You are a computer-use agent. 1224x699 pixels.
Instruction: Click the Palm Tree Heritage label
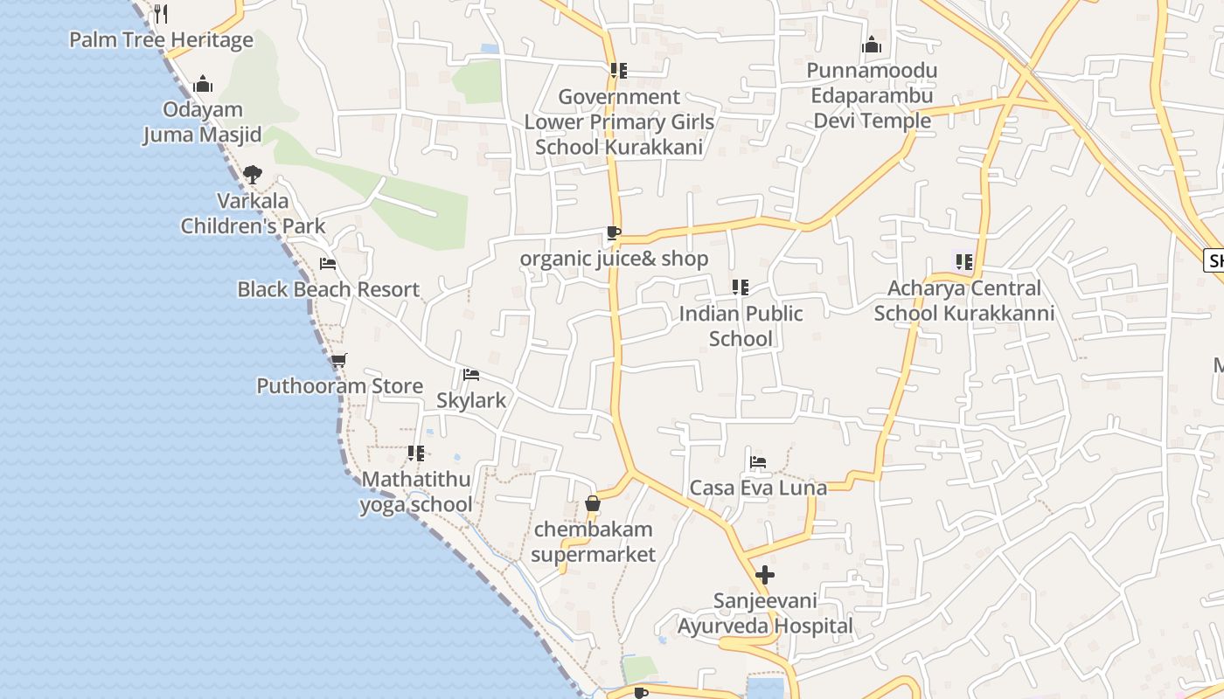(161, 40)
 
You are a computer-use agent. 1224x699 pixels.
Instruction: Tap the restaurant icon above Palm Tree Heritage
(160, 13)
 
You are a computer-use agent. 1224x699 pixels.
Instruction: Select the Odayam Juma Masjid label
(202, 122)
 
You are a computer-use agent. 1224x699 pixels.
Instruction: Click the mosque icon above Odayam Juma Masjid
(203, 84)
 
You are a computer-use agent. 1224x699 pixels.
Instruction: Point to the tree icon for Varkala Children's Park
(253, 175)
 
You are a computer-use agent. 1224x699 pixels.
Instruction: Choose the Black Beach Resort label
(328, 289)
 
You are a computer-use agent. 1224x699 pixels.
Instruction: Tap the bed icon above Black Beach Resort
(328, 263)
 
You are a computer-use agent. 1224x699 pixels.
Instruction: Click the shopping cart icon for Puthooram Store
(339, 360)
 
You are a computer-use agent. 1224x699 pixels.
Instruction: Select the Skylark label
(471, 400)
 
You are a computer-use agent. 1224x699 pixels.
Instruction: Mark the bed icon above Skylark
(471, 375)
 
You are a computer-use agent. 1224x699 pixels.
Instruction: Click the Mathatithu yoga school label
(416, 492)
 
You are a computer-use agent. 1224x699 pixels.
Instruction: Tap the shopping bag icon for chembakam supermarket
(593, 504)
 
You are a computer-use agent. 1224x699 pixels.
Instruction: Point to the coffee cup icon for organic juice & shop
(614, 233)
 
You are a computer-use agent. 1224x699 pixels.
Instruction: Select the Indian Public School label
(741, 326)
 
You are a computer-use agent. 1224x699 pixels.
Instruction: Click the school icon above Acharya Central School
(964, 262)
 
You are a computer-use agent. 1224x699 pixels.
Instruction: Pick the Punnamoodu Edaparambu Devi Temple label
(872, 95)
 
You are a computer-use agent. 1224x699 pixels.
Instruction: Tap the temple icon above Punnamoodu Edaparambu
(872, 45)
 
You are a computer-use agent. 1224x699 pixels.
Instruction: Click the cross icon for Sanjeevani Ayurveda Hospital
(765, 575)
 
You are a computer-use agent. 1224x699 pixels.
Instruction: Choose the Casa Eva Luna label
(758, 488)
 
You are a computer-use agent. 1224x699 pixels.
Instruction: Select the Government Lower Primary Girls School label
(619, 121)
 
